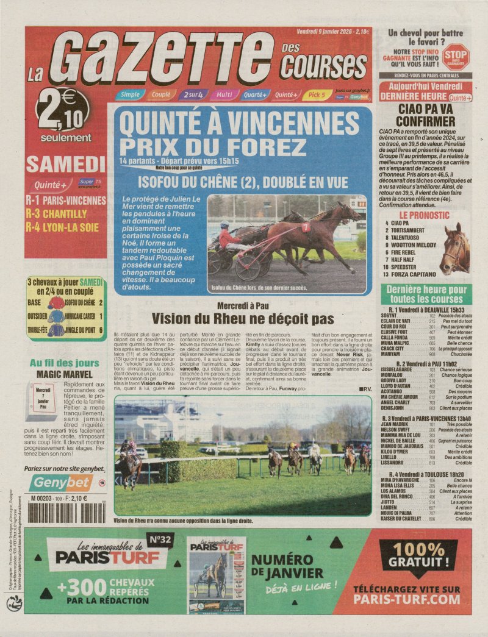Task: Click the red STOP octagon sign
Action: coord(456,56)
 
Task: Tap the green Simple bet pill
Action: coord(129,94)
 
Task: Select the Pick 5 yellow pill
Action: coord(317,94)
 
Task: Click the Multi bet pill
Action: coord(223,94)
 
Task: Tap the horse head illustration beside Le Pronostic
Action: coord(455,248)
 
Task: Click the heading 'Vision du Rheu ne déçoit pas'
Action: coord(243,318)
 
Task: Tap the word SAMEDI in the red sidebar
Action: coord(65,163)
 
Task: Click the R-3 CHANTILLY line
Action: coord(56,213)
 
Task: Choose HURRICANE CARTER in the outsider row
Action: coord(80,316)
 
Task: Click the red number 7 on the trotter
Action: coord(305,227)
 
